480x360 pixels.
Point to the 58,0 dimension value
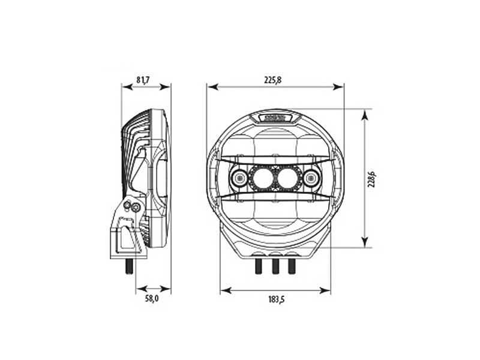152,298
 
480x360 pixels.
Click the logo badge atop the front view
275,117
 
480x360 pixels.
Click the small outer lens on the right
311,178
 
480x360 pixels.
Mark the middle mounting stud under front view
275,265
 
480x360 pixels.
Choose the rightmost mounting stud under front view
292,265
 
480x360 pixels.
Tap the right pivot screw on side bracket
137,208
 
